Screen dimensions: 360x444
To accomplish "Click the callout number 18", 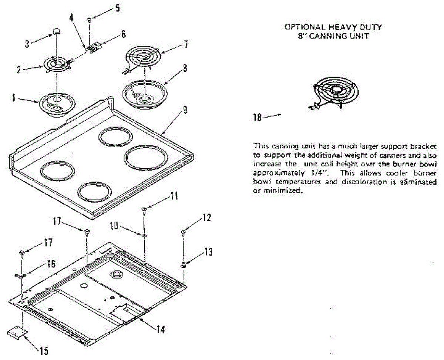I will [257, 117].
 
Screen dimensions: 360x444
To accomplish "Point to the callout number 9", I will [185, 110].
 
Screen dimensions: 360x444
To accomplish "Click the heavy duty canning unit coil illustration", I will [333, 92].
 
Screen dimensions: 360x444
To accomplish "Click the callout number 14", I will [160, 330].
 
